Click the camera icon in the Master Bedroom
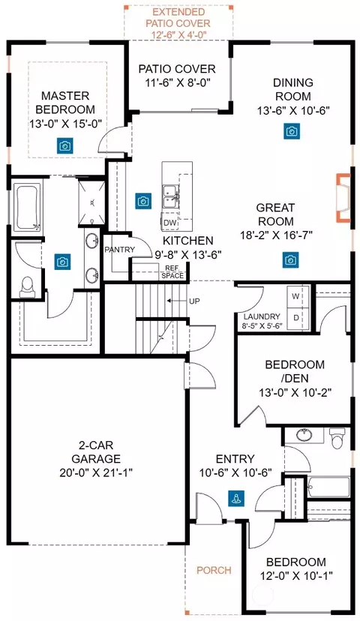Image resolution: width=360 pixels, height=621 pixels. click(64, 145)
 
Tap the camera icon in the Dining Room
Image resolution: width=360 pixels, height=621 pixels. click(292, 131)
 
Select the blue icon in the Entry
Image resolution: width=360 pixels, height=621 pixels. click(236, 498)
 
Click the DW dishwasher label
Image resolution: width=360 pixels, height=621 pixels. click(170, 223)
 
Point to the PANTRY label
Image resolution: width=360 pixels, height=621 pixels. click(119, 250)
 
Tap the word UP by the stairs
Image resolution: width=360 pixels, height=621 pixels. click(194, 301)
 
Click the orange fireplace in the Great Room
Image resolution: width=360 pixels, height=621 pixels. click(343, 197)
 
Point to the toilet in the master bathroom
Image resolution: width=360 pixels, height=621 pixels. click(27, 286)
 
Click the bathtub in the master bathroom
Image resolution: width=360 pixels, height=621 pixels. click(26, 207)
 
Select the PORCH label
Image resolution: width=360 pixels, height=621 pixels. click(214, 570)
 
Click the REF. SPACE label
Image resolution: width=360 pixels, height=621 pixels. click(172, 272)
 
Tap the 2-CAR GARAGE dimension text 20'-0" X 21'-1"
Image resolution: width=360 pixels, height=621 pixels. click(96, 472)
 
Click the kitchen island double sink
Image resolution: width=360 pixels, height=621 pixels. click(171, 196)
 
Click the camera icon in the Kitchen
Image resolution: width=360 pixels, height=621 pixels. click(143, 201)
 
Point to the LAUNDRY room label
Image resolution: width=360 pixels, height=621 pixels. click(262, 316)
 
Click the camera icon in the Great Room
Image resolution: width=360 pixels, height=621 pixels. click(291, 260)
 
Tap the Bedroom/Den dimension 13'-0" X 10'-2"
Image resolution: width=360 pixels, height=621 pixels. click(295, 392)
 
